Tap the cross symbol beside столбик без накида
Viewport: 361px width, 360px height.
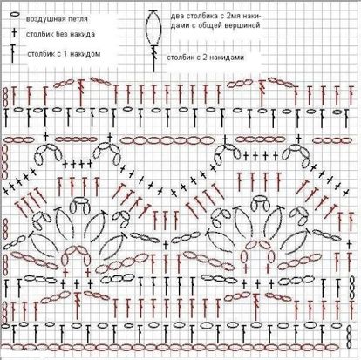[x=14, y=33]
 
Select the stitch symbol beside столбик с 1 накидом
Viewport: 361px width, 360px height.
[x=12, y=54]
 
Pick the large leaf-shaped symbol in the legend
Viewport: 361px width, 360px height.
[x=153, y=28]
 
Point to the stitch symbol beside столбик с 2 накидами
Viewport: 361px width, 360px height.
[x=153, y=58]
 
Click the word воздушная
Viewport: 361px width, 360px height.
[x=43, y=19]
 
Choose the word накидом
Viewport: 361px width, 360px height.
[x=87, y=54]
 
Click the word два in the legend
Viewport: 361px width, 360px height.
[x=176, y=16]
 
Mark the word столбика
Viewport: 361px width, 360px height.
[x=199, y=16]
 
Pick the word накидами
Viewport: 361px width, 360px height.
[x=228, y=58]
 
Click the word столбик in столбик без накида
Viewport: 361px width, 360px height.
[x=40, y=34]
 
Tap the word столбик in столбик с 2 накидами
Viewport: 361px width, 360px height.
[x=181, y=58]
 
